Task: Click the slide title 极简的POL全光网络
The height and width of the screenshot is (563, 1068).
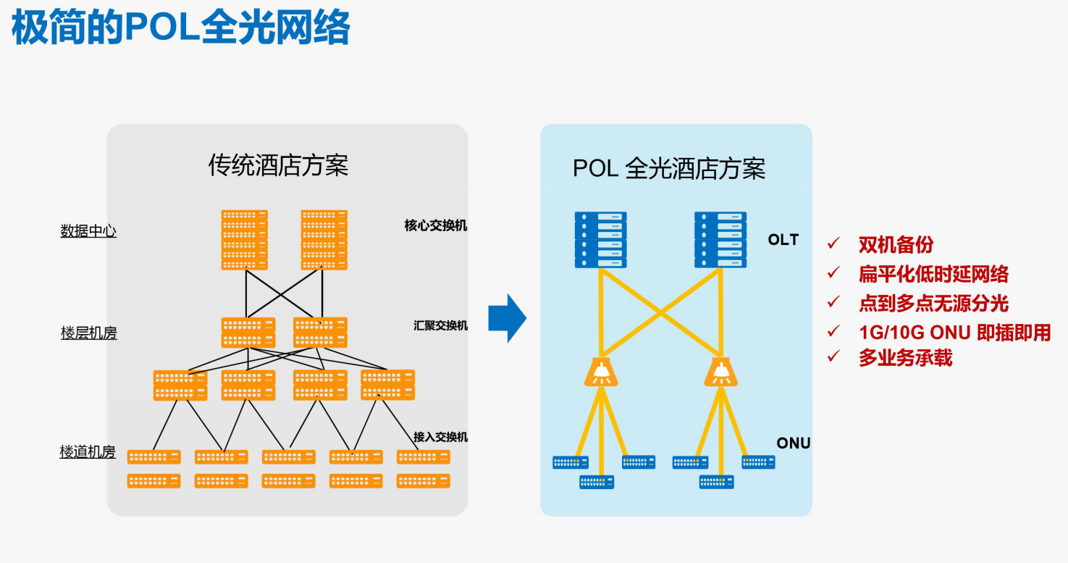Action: [x=181, y=29]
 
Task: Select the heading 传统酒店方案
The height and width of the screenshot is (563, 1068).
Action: [x=279, y=166]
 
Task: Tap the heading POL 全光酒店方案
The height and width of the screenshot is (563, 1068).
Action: [x=669, y=169]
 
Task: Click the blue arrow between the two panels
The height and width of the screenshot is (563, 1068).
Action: [x=507, y=318]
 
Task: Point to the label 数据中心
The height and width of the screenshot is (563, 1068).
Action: [x=88, y=231]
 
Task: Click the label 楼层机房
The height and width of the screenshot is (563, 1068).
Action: [x=88, y=333]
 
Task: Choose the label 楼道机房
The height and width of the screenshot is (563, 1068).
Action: [x=88, y=452]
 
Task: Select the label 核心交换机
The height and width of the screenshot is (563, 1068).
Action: [x=436, y=225]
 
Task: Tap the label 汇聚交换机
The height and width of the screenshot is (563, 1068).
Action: [x=440, y=325]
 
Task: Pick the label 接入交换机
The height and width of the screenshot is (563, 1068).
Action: [x=440, y=437]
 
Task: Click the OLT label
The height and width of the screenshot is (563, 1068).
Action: [x=783, y=240]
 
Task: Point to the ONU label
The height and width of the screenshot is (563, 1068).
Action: [x=793, y=443]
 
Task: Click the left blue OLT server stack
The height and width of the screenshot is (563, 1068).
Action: [x=601, y=240]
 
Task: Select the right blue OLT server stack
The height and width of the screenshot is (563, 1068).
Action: [x=720, y=240]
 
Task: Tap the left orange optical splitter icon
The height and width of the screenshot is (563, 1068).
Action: [x=600, y=372]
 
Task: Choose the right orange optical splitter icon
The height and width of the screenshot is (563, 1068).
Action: [x=720, y=372]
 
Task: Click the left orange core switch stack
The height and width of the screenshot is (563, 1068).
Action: [x=245, y=240]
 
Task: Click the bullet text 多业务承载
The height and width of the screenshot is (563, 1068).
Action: [x=905, y=358]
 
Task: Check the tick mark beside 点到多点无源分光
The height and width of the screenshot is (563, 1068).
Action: [x=833, y=301]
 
